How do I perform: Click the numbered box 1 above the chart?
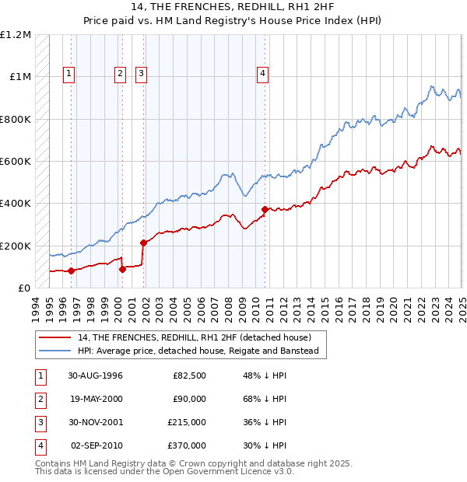69,74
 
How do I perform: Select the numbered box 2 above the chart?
121,74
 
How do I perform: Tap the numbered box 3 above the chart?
142,74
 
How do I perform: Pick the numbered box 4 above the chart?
263,74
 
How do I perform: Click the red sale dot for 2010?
265,209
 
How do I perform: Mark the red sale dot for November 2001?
143,243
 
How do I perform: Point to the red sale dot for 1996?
71,271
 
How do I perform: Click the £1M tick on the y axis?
19,77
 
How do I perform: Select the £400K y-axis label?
16,204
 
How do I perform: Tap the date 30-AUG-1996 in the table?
96,376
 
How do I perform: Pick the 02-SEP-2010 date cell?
97,445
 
